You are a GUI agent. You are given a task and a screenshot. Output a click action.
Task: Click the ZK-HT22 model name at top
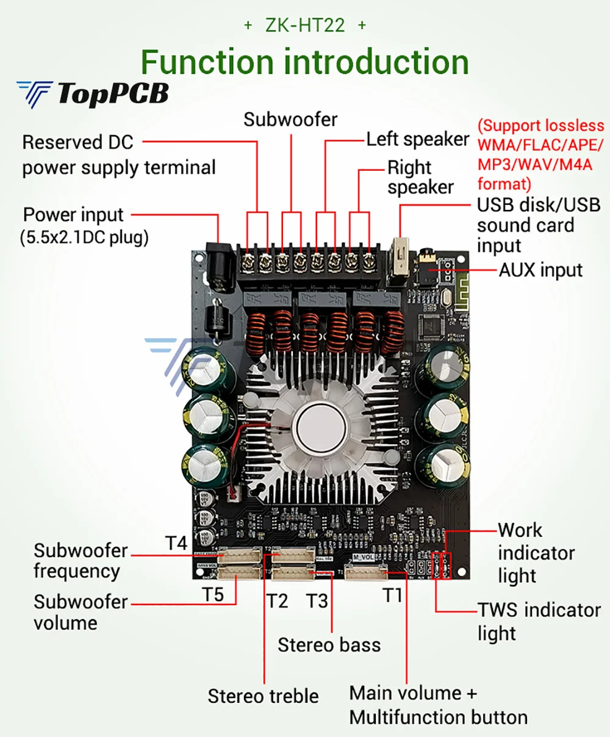[x=304, y=25]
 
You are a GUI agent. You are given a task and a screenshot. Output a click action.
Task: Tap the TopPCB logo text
[x=112, y=94]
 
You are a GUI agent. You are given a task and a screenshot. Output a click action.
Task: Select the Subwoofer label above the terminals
[x=290, y=119]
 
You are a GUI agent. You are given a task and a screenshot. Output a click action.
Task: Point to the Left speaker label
[x=417, y=139]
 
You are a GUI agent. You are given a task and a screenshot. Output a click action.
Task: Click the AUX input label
[x=540, y=270]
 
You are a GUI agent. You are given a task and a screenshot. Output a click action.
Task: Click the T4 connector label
[x=176, y=542]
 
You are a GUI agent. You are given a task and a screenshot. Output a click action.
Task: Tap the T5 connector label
[x=213, y=594]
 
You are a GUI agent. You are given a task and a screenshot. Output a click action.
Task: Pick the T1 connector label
[x=393, y=594]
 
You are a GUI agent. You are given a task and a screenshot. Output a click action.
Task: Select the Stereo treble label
[x=263, y=696]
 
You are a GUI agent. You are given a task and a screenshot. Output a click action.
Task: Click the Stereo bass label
[x=329, y=645]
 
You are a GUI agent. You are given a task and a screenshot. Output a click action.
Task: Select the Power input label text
[x=73, y=215]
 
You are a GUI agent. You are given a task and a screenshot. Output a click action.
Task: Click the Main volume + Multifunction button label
[x=438, y=705]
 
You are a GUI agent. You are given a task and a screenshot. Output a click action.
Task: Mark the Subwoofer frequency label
[x=81, y=560]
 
